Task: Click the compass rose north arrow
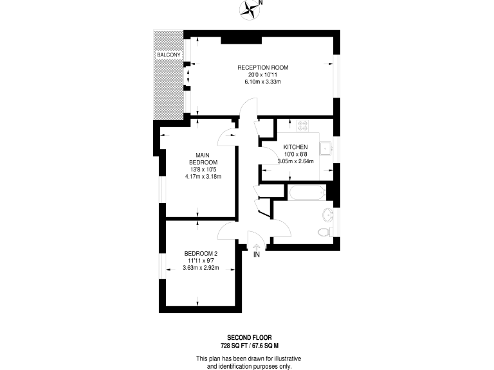point(248,8)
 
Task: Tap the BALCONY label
point(169,55)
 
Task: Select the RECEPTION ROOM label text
point(262,67)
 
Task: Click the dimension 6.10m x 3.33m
point(262,82)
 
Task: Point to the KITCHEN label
point(300,147)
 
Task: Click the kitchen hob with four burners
point(302,126)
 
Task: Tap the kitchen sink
point(326,148)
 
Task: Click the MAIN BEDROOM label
point(207,158)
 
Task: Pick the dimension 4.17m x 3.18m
point(203,176)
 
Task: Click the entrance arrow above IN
point(257,246)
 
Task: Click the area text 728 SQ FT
point(235,345)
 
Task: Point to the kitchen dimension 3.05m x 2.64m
point(296,161)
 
